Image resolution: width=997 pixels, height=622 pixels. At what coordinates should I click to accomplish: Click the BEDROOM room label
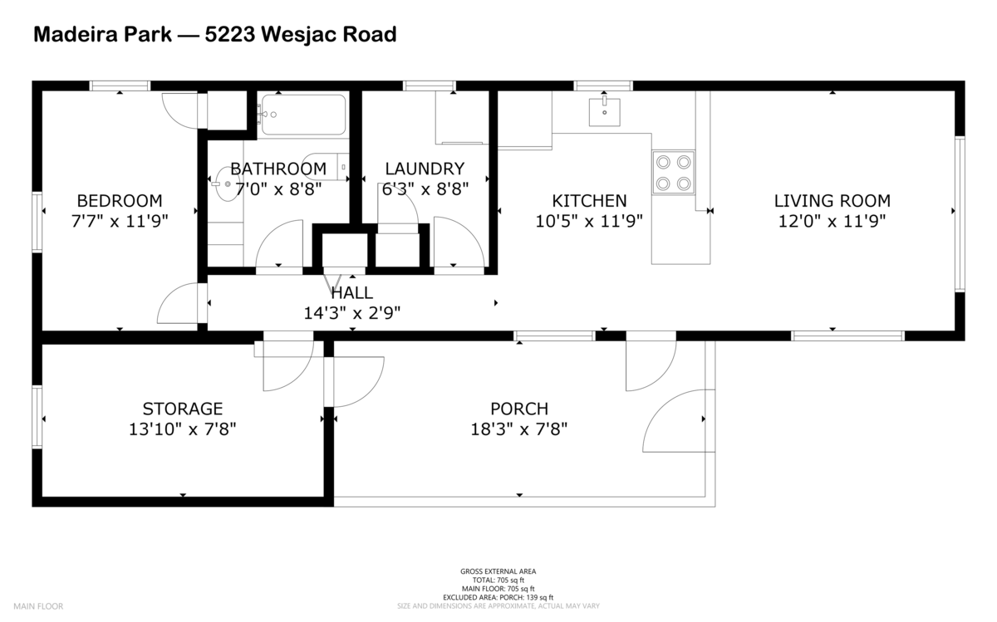119,201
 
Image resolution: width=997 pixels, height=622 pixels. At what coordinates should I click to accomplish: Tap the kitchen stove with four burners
673,172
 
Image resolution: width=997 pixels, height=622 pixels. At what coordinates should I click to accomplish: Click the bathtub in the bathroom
303,115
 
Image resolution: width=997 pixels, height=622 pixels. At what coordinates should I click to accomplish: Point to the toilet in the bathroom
325,167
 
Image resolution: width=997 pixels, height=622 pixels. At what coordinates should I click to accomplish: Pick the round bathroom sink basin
225,185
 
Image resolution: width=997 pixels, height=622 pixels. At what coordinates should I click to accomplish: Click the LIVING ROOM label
832,201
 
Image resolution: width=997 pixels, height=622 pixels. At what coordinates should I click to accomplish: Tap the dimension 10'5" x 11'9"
589,222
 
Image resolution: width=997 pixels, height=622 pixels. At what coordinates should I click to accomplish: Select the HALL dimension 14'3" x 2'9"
351,313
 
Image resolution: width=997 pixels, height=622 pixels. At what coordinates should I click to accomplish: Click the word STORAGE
183,409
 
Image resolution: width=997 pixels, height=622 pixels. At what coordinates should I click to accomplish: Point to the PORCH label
519,409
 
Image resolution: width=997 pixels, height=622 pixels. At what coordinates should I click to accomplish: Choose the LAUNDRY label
425,169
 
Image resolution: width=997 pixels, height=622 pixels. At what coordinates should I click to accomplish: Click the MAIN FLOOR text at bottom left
38,606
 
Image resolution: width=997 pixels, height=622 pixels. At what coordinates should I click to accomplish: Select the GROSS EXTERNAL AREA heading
498,571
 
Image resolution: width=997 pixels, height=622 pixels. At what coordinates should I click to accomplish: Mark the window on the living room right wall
960,214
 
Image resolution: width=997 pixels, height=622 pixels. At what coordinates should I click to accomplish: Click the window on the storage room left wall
37,417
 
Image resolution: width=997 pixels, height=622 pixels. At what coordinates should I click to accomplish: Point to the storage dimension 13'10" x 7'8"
183,429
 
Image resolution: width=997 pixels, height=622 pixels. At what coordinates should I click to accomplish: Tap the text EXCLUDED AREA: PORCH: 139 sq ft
498,597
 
